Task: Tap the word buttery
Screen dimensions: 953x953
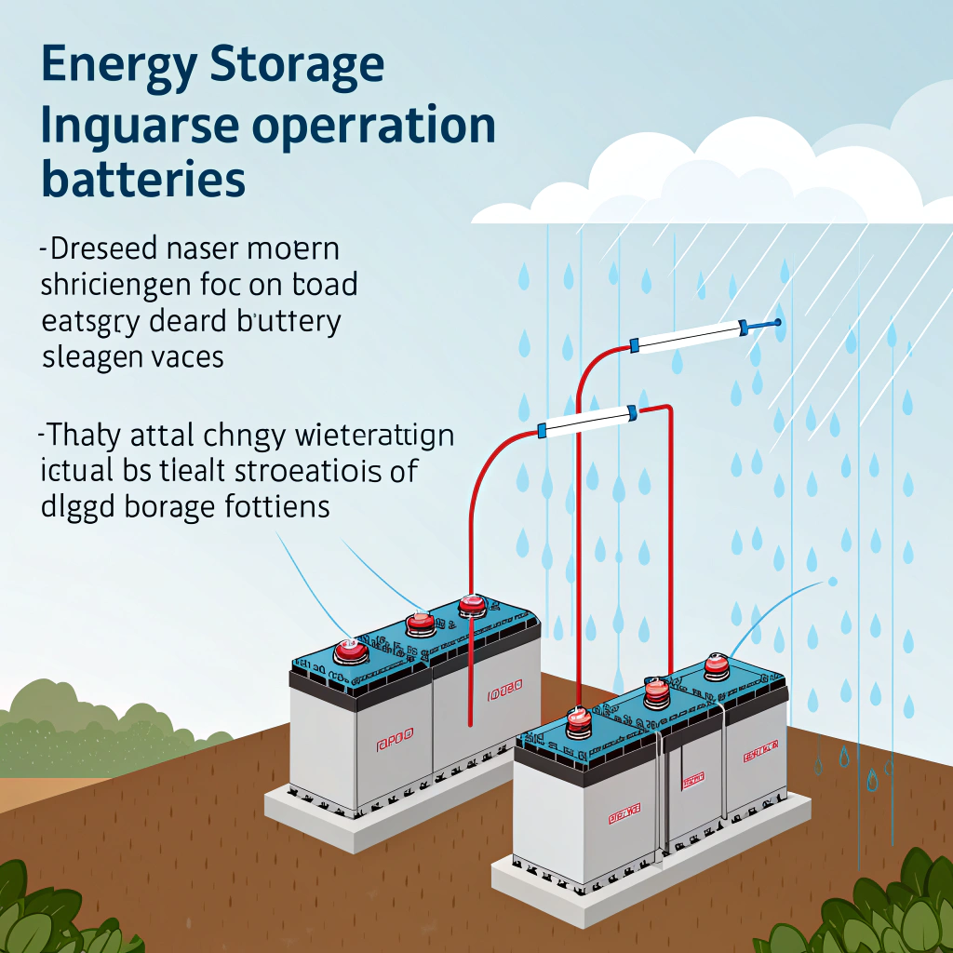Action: pos(289,321)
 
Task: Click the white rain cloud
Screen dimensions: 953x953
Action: pos(735,177)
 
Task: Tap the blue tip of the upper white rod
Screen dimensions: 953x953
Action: pos(776,323)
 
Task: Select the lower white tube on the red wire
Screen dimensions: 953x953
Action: pos(586,420)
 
